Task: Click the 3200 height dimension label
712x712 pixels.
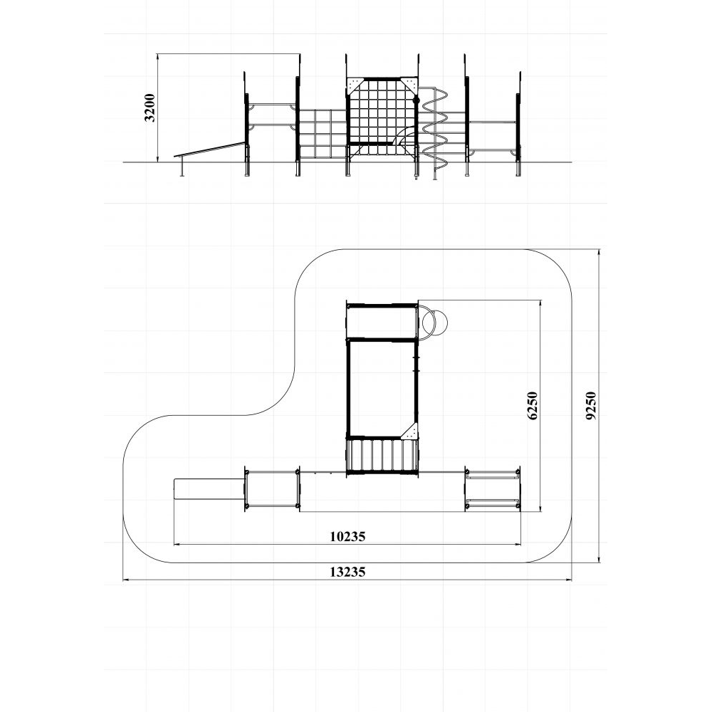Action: pyautogui.click(x=150, y=108)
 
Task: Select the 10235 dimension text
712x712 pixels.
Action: pyautogui.click(x=347, y=537)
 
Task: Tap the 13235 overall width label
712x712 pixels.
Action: pyautogui.click(x=347, y=572)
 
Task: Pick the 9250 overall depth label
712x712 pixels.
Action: pyautogui.click(x=590, y=406)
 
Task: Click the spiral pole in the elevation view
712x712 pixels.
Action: pyautogui.click(x=435, y=132)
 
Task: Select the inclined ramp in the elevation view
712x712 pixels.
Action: pyautogui.click(x=210, y=150)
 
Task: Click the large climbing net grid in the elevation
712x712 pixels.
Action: pyautogui.click(x=382, y=117)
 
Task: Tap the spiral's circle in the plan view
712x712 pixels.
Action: pyautogui.click(x=435, y=322)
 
